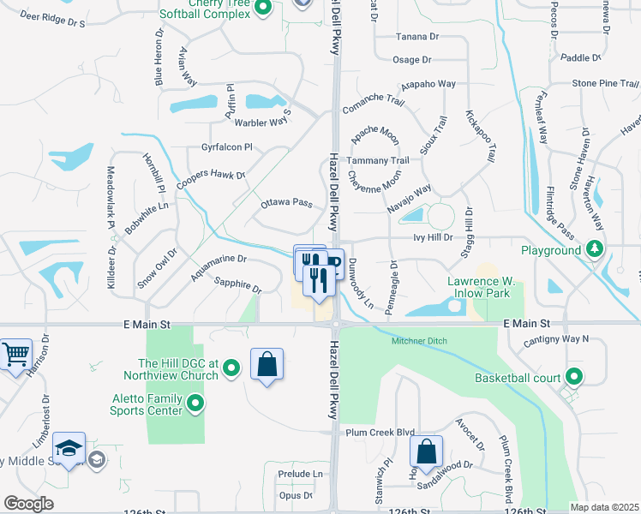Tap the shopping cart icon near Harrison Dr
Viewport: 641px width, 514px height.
point(15,352)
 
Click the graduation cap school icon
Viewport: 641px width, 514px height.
point(69,448)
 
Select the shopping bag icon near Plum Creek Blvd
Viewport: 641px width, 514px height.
point(426,451)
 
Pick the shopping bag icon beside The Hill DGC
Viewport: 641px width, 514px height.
point(267,364)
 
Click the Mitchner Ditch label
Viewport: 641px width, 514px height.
point(421,341)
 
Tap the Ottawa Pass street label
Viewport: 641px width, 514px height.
point(286,203)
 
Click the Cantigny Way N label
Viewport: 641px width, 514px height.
point(562,339)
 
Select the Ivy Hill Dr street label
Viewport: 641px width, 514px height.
point(431,236)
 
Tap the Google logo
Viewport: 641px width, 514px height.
point(28,503)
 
